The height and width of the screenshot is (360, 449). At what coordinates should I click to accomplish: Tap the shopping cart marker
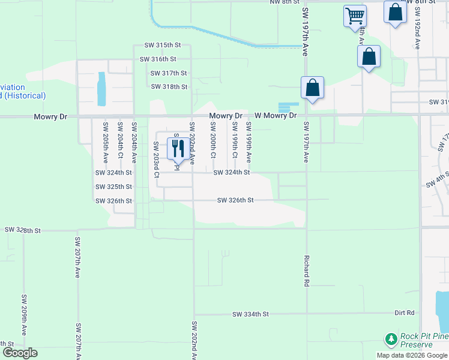pyautogui.click(x=355, y=16)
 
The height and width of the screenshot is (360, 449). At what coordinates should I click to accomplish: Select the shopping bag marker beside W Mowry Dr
pyautogui.click(x=312, y=88)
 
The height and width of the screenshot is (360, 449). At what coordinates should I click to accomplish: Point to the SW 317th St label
pyautogui.click(x=169, y=73)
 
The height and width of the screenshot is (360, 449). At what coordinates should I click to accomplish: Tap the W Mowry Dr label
pyautogui.click(x=276, y=115)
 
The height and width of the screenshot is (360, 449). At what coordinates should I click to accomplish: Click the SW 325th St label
pyautogui.click(x=113, y=187)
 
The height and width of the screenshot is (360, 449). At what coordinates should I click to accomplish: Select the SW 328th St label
pyautogui.click(x=22, y=230)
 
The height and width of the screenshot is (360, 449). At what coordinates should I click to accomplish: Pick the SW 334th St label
pyautogui.click(x=252, y=314)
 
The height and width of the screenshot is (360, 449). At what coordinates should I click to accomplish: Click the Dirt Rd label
pyautogui.click(x=405, y=313)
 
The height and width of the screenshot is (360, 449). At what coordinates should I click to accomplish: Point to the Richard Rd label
pyautogui.click(x=306, y=271)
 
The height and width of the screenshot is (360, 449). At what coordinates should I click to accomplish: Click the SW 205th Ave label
pyautogui.click(x=106, y=143)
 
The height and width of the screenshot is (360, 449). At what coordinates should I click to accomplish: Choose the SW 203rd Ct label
pyautogui.click(x=156, y=160)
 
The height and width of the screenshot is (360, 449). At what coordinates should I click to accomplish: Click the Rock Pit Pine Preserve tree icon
pyautogui.click(x=391, y=340)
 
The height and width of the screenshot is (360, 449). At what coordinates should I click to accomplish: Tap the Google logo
pyautogui.click(x=20, y=353)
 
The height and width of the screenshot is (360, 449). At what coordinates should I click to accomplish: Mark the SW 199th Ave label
pyautogui.click(x=248, y=142)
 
